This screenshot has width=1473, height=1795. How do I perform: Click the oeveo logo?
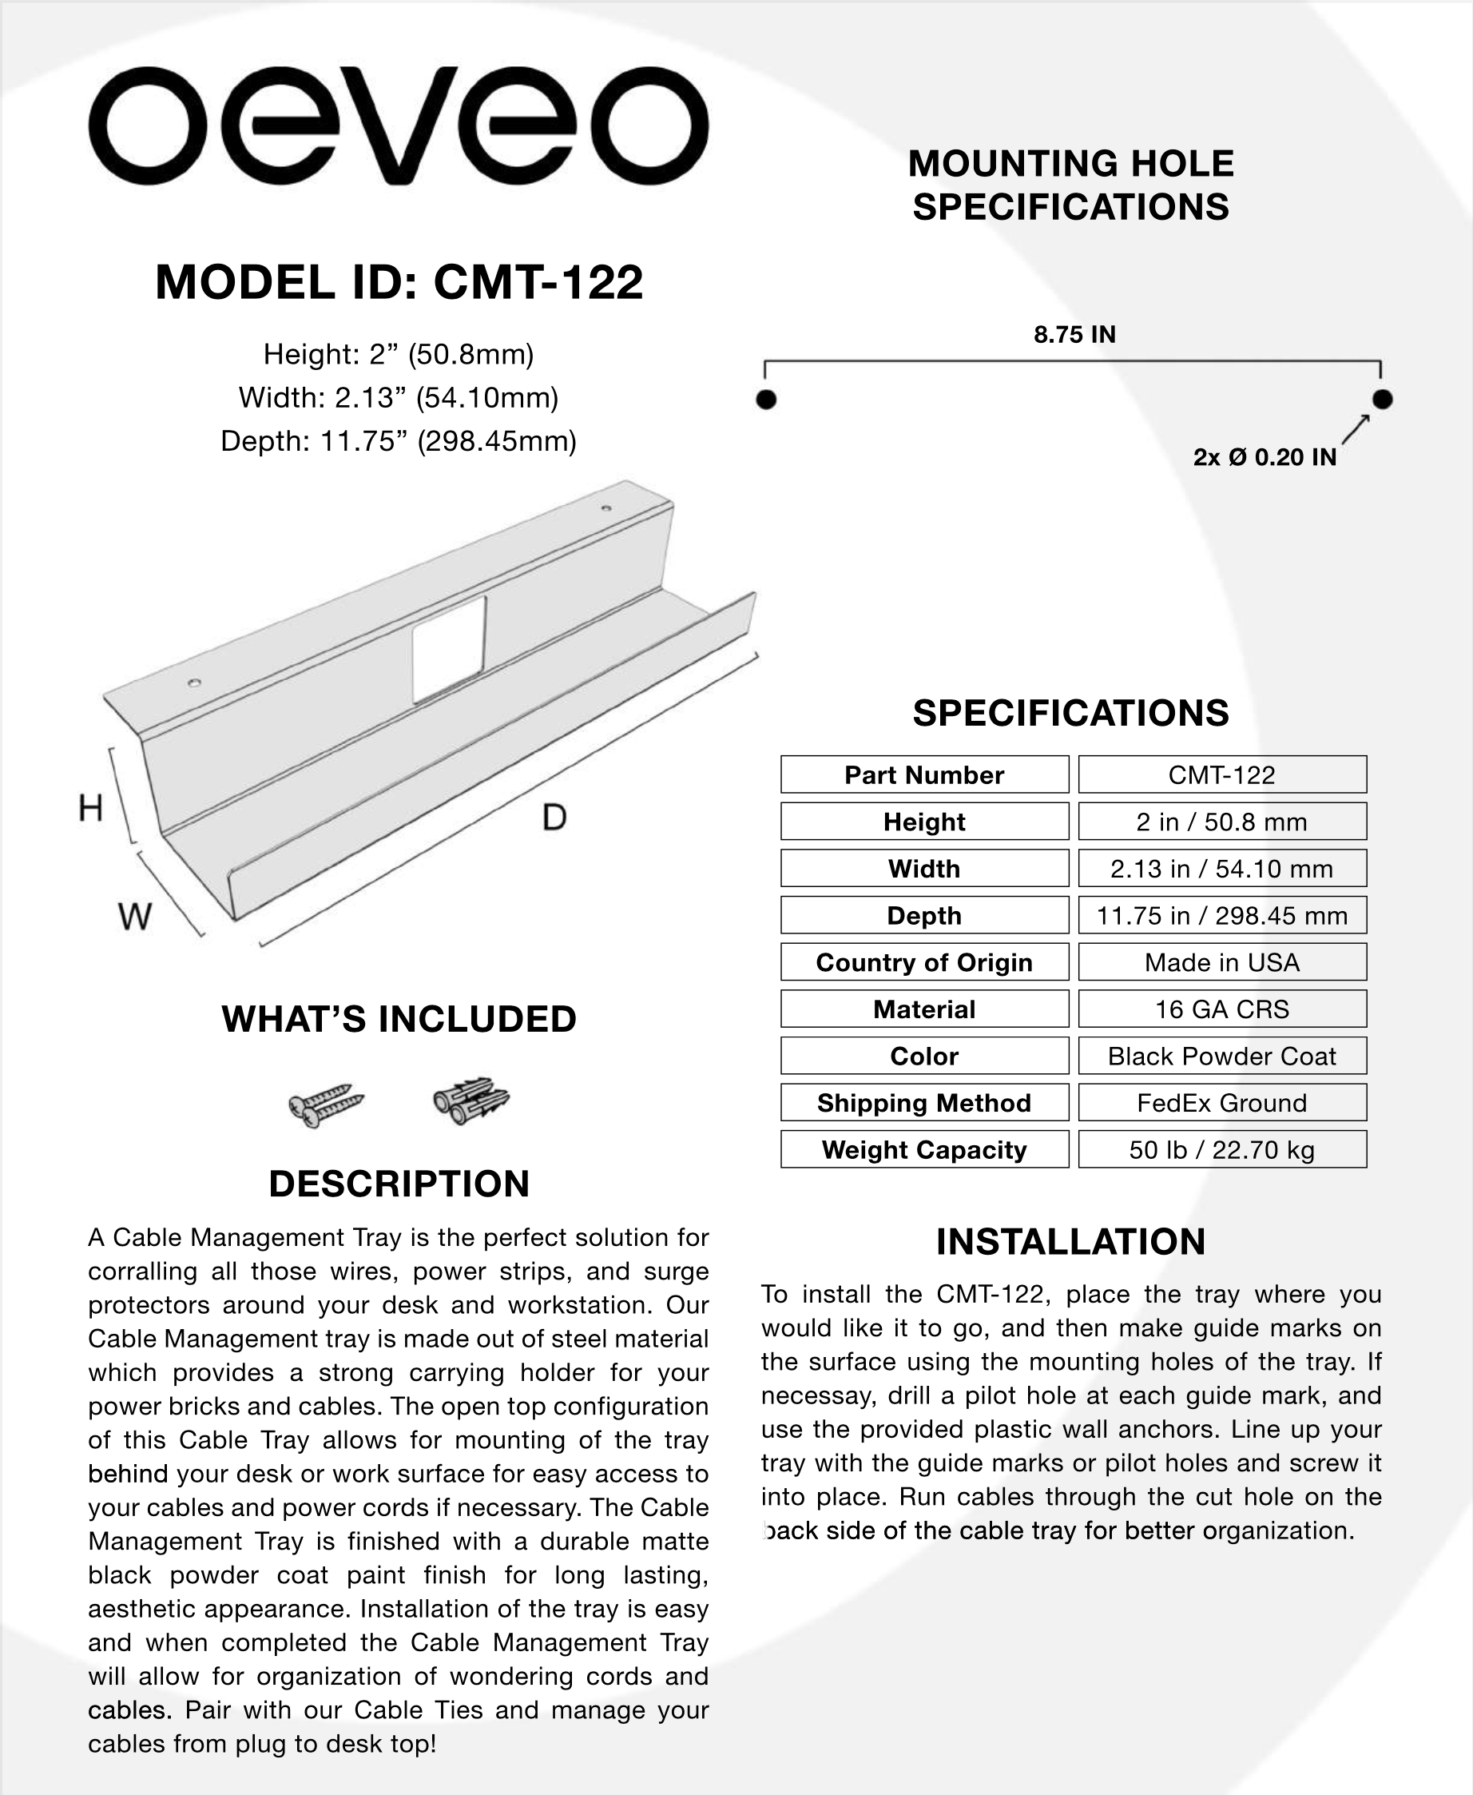pos(398,125)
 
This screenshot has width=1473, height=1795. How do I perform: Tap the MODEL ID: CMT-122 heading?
pos(399,282)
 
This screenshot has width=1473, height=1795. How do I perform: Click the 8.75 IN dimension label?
pos(1074,334)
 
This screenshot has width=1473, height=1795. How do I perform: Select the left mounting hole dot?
pos(765,399)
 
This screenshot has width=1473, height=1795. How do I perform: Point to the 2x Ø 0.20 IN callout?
pos(1265,457)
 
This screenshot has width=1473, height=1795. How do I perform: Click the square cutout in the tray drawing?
pos(449,649)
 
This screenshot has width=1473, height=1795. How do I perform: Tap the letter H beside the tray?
pos(91,808)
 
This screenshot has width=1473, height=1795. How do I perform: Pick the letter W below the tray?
pos(135,917)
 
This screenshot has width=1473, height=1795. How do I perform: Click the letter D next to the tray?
pos(554,818)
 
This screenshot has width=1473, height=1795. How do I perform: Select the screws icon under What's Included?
pos(326,1105)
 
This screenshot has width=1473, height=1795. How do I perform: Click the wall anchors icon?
pos(471,1101)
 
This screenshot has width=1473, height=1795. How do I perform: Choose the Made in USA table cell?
pos(1222,962)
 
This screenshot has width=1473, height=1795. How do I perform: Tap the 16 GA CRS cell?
pos(1222,1009)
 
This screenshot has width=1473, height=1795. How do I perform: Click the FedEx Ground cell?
pos(1222,1102)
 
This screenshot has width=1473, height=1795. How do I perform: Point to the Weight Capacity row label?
pos(924,1150)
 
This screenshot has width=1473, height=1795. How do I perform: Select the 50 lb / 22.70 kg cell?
pos(1222,1150)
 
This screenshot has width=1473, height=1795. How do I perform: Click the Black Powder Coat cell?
pos(1222,1056)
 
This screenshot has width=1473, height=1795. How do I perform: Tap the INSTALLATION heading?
pos(1071,1242)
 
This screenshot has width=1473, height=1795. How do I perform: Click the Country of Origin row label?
pos(924,962)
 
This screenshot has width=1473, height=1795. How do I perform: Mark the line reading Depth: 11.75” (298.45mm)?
pos(399,441)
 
